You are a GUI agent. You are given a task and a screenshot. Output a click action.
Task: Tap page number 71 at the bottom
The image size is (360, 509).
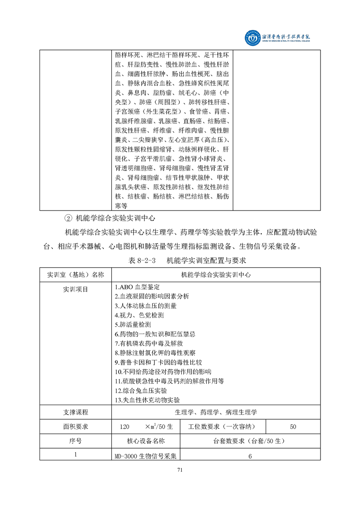pos(180,470)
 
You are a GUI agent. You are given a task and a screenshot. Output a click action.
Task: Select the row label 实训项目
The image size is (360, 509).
pos(75,289)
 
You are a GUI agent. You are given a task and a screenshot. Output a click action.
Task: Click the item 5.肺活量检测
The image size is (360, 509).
pos(133,325)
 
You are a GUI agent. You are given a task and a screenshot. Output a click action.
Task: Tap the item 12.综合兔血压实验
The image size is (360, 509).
pos(142,390)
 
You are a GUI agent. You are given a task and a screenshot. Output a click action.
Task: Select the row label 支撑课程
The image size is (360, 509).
pos(75,412)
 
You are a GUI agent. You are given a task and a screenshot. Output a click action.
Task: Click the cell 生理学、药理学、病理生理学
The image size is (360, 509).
pos(216,412)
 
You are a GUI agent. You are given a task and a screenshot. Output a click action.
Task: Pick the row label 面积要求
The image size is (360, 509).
pos(75,426)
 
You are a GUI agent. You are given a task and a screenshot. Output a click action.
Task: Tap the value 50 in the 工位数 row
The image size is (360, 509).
pos(293,426)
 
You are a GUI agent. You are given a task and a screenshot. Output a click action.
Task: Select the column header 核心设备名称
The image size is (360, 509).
pos(146,440)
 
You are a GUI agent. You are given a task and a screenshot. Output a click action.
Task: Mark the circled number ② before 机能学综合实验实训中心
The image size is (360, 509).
pos(69,218)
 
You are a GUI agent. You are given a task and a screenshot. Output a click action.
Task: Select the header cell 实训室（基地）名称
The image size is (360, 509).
pos(75,274)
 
